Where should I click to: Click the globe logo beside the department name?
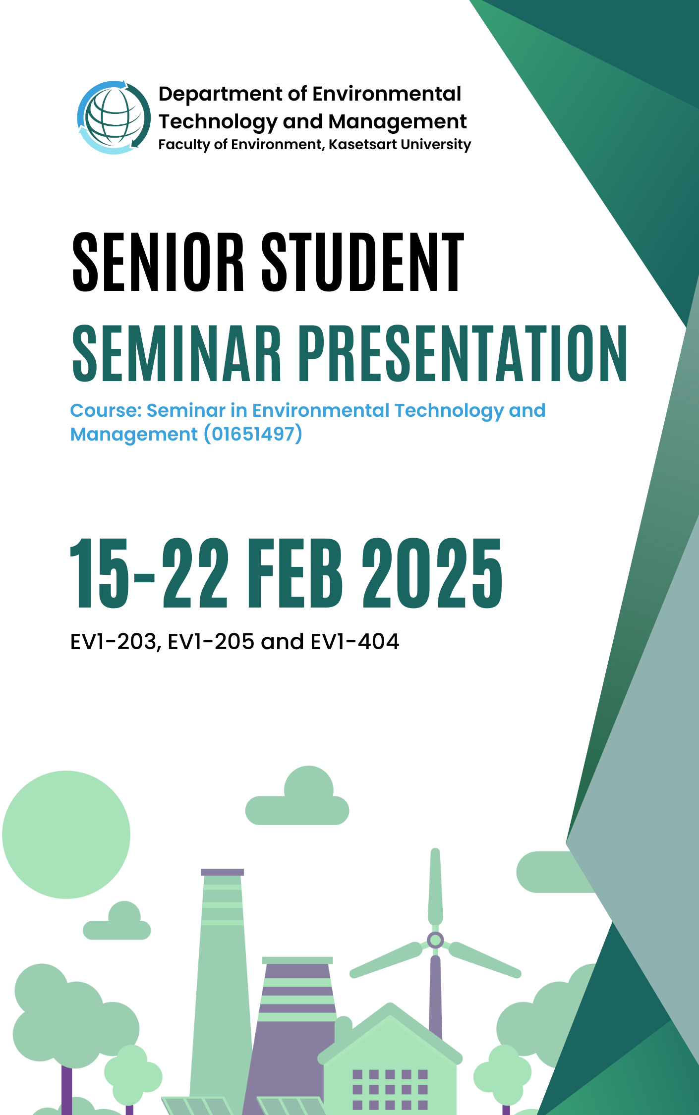[x=114, y=117]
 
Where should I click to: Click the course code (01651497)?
[x=253, y=434]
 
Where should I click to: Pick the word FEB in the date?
[x=295, y=573]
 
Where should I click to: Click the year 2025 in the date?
[x=432, y=573]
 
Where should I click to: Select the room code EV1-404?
[x=355, y=642]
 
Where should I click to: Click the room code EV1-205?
[x=211, y=642]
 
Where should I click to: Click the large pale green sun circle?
[x=66, y=835]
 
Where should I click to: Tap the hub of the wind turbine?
[x=435, y=940]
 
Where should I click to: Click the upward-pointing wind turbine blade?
[x=435, y=887]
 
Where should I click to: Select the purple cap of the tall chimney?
[x=222, y=872]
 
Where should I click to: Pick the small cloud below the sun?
[x=117, y=920]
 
